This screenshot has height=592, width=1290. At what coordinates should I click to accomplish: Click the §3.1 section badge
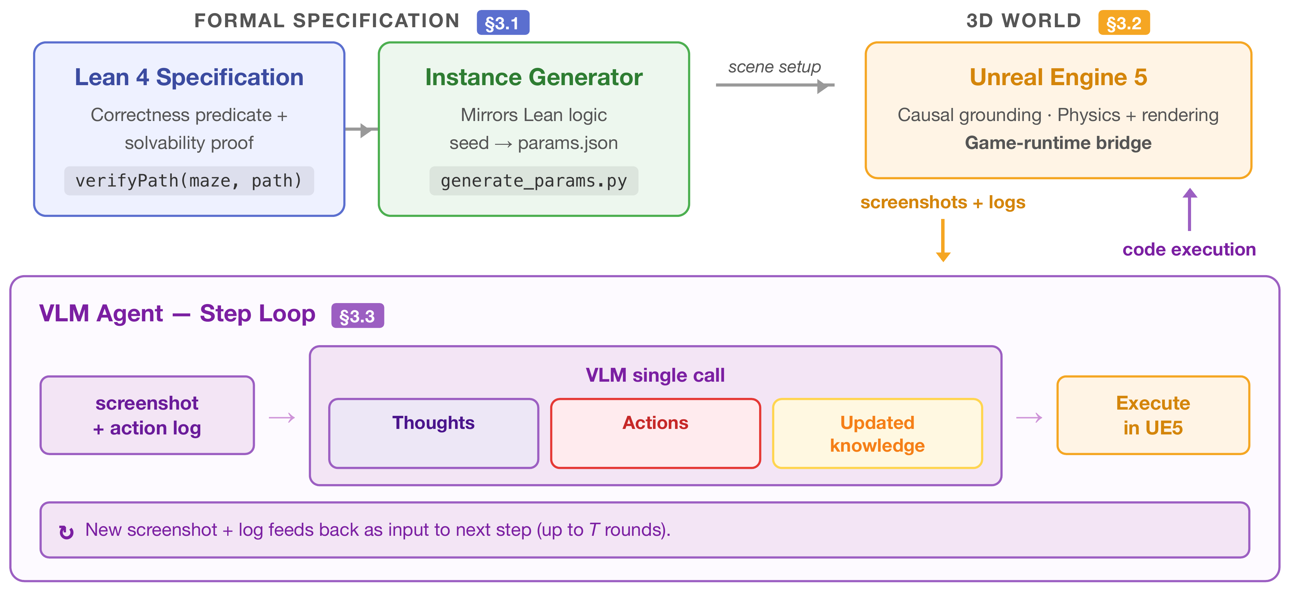tap(503, 22)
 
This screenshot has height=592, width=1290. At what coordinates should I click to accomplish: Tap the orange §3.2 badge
tap(1124, 22)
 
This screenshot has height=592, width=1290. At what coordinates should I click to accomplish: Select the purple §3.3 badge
tap(357, 315)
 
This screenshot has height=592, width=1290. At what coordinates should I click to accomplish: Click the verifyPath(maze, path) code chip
tap(189, 181)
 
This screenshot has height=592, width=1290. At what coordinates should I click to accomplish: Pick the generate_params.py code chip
tap(534, 181)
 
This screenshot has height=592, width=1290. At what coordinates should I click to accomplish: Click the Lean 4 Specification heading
tap(189, 77)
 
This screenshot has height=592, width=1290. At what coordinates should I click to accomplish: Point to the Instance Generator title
tap(534, 77)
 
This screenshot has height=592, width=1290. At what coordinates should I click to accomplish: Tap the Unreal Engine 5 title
tap(1058, 77)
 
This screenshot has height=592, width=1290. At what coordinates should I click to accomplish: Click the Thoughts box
tap(434, 433)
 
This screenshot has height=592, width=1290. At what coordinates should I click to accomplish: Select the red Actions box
tap(656, 433)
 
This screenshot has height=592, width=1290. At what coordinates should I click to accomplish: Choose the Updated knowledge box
tap(877, 433)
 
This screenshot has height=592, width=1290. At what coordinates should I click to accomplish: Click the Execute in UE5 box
tap(1153, 415)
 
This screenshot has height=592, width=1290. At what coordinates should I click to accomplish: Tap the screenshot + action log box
tap(147, 415)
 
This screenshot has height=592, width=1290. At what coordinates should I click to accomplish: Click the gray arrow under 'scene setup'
tap(775, 85)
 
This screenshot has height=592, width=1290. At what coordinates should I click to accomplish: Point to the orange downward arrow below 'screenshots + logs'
tap(943, 240)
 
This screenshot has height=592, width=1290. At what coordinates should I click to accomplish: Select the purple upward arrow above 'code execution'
tap(1190, 209)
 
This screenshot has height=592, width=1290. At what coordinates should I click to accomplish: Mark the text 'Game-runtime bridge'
tap(1058, 143)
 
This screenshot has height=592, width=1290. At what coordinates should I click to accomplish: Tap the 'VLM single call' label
tap(656, 375)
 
